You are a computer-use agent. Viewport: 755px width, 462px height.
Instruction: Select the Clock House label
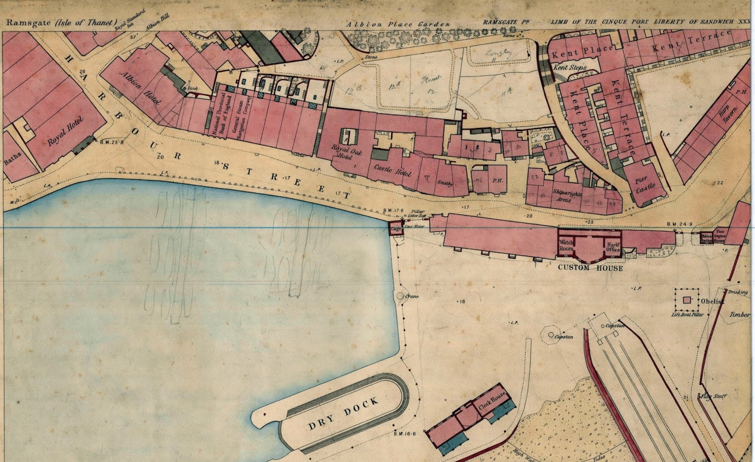(x=492, y=400)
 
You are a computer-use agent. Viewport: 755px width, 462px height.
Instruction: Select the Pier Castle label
(x=645, y=183)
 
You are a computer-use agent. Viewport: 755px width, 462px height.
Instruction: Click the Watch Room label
(x=566, y=245)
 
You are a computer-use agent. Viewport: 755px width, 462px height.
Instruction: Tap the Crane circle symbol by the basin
(x=400, y=297)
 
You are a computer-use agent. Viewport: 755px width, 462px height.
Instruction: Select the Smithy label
(x=445, y=183)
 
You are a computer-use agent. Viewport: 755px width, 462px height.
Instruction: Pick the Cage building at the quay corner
(x=395, y=229)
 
